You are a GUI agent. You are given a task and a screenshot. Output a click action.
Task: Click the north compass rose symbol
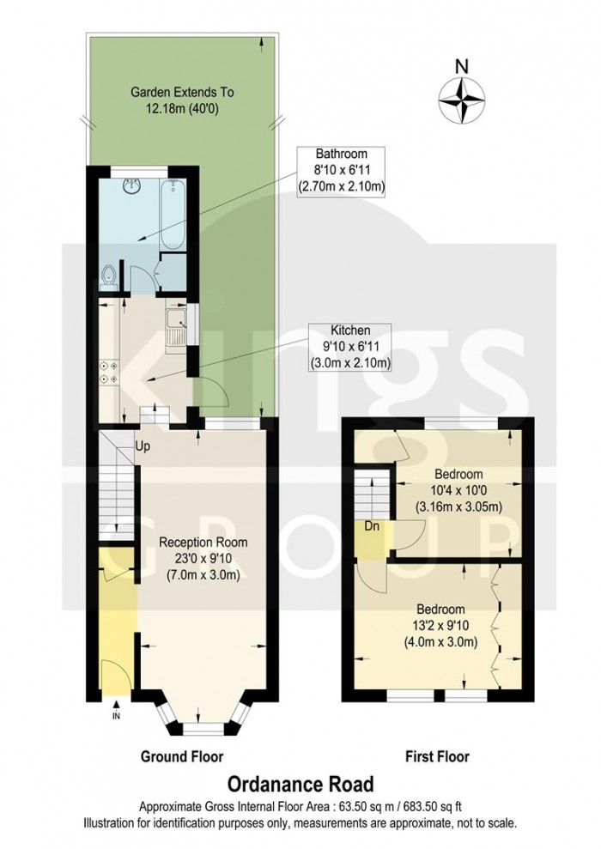pyautogui.click(x=462, y=98)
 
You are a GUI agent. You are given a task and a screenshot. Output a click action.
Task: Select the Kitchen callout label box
pyautogui.click(x=350, y=347)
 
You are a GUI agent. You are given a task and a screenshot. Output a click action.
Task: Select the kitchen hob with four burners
pyautogui.click(x=109, y=370)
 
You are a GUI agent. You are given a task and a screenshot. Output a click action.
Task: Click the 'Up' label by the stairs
pyautogui.click(x=142, y=446)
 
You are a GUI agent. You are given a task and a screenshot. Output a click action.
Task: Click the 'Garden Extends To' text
pyautogui.click(x=181, y=92)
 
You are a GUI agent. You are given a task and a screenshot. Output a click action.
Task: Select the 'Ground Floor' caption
pyautogui.click(x=181, y=756)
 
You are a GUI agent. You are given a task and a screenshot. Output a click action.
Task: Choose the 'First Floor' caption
pyautogui.click(x=437, y=756)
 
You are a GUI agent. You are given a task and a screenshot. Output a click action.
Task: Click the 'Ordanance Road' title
pyautogui.click(x=300, y=783)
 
